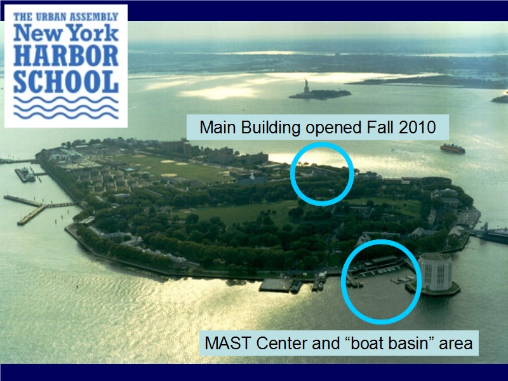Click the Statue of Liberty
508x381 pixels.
[x=306, y=86]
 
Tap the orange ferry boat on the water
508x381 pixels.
[x=452, y=149]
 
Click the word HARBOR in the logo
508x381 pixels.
[x=66, y=56]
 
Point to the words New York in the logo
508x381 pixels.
[x=66, y=33]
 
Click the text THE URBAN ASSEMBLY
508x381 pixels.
[x=66, y=17]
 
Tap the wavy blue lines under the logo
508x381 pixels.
[x=66, y=107]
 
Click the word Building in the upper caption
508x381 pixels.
[x=271, y=128]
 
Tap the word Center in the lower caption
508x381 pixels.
[x=282, y=343]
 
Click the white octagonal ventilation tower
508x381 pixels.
[x=435, y=272]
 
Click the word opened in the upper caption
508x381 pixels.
[x=333, y=128]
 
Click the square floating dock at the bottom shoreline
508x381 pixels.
[x=276, y=284]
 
